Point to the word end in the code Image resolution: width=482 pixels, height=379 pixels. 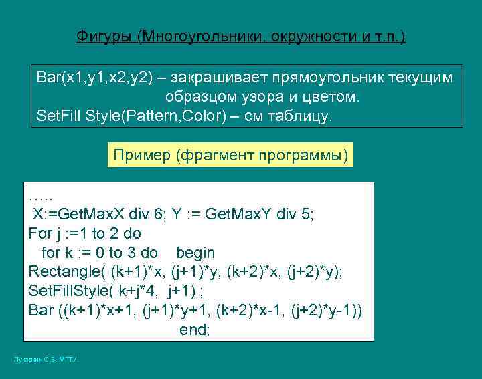pos(193,330)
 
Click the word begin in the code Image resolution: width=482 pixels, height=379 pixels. pos(195,253)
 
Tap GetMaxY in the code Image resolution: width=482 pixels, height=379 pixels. pos(240,215)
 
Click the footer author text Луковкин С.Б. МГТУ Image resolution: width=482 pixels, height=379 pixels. pos(46,360)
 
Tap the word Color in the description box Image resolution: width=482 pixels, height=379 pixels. pos(195,116)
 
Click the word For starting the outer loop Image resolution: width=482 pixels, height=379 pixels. pos(39,234)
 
